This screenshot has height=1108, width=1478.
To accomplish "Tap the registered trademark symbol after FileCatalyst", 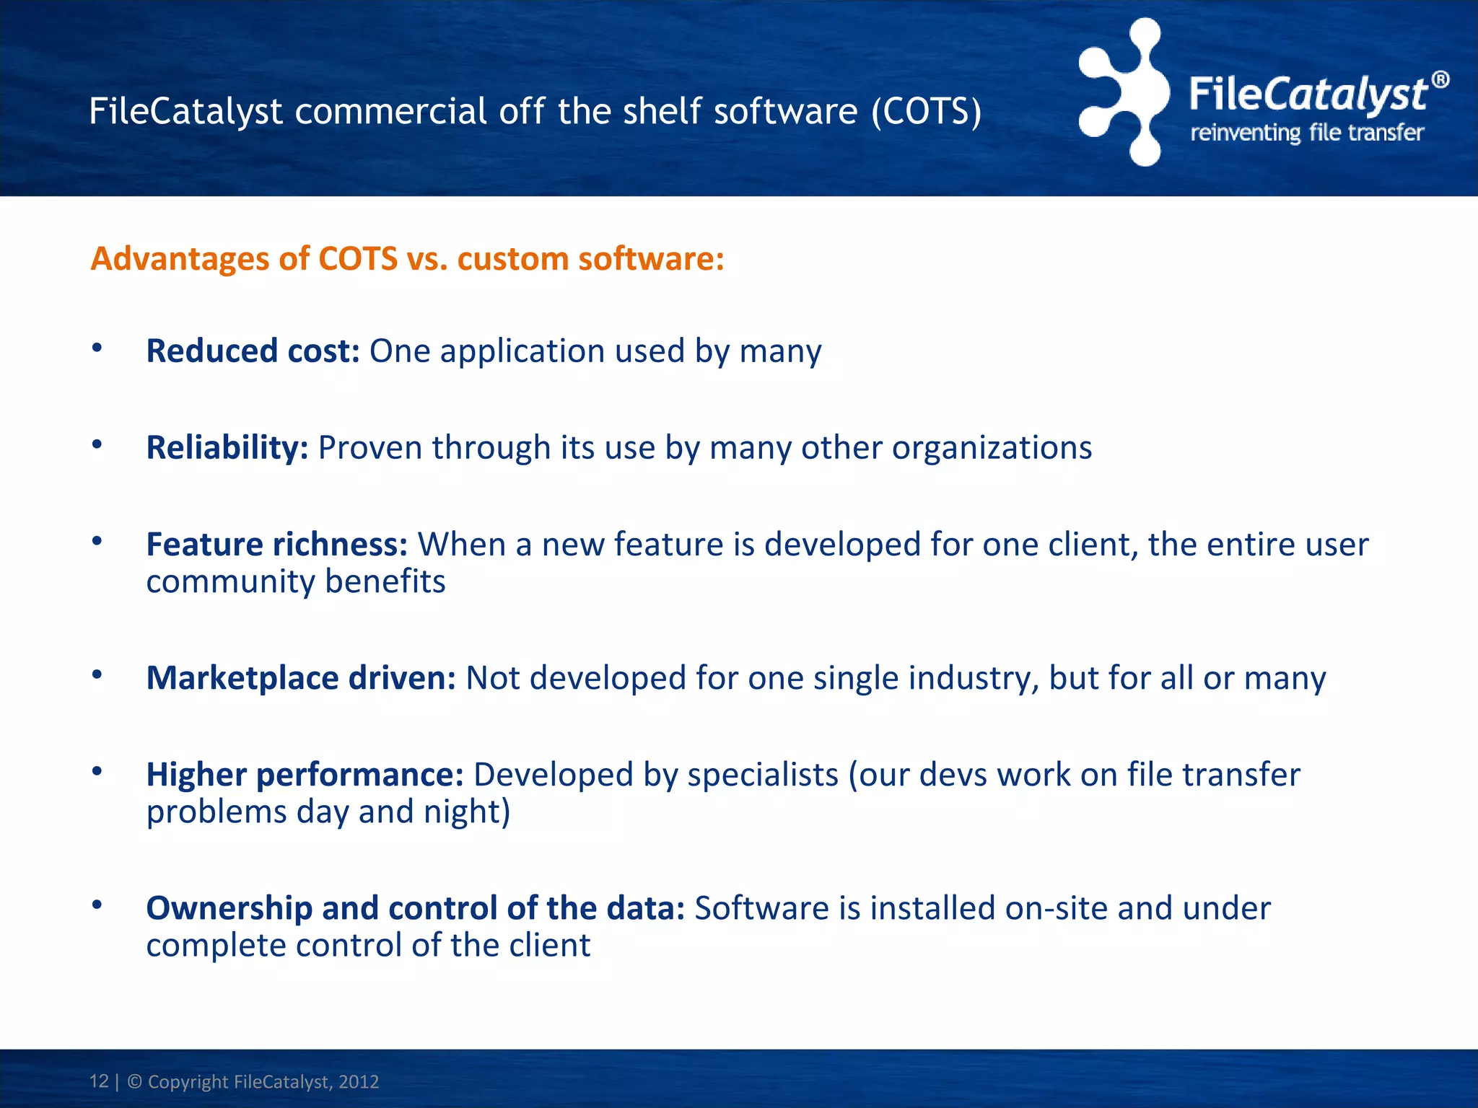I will tap(1440, 80).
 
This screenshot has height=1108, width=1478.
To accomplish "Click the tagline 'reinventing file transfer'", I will tap(1306, 133).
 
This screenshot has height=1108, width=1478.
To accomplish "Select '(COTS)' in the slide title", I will tap(926, 111).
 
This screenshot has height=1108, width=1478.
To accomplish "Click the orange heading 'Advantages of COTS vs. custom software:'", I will tap(407, 258).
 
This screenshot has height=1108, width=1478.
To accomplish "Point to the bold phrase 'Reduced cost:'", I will tap(253, 351).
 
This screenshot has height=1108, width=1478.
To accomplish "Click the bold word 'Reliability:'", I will tap(227, 447).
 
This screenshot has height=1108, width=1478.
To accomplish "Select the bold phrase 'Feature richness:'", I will tap(277, 544).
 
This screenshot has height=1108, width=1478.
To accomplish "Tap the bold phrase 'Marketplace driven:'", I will tap(301, 678).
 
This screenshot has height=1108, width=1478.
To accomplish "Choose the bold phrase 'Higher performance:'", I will tap(305, 775).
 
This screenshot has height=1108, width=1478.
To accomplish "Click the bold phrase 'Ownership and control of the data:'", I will tap(415, 908).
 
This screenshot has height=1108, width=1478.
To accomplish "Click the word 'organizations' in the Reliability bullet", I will tap(992, 448).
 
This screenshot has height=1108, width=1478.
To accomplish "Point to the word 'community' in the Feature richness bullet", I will tap(230, 581).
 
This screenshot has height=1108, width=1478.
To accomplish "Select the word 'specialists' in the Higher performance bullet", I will tap(762, 775).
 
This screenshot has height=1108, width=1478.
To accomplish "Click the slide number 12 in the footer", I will tap(99, 1081).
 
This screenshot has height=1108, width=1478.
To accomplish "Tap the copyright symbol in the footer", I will tap(135, 1081).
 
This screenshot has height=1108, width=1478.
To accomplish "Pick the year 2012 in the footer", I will tap(359, 1081).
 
